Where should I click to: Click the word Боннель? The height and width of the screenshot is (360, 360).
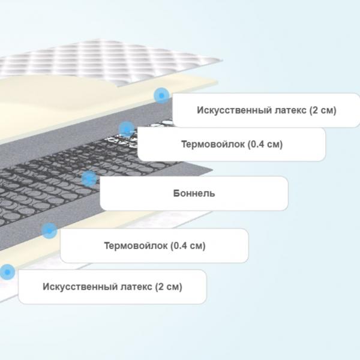click(194, 193)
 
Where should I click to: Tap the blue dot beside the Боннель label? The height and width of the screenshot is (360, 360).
click(89, 178)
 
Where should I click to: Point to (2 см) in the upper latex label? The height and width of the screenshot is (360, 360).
click(323, 110)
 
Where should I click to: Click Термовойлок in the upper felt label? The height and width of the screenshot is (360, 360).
click(213, 144)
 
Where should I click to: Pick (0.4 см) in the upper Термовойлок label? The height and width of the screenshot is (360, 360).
click(265, 145)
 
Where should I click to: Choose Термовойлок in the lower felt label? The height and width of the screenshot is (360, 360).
click(136, 245)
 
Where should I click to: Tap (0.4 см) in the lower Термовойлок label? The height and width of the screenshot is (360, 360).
click(188, 246)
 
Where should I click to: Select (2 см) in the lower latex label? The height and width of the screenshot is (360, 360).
click(169, 287)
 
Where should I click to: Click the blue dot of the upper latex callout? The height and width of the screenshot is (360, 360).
click(161, 95)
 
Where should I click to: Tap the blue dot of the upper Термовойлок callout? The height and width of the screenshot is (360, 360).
click(127, 130)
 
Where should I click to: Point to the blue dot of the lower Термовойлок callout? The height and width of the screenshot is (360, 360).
click(49, 230)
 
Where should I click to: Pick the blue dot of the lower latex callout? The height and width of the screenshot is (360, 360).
click(7, 272)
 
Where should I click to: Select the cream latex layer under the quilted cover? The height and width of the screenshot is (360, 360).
click(69, 103)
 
